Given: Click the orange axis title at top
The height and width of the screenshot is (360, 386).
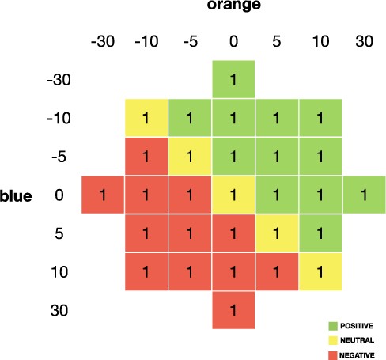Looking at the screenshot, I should [x=233, y=6].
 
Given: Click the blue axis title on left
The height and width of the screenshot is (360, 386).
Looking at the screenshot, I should [x=16, y=196].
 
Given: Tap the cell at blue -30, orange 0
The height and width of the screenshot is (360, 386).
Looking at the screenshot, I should [x=233, y=80].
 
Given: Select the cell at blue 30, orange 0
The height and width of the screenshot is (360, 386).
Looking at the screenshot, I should [x=233, y=309].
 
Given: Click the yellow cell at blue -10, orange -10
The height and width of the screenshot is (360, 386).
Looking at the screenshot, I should [x=146, y=119].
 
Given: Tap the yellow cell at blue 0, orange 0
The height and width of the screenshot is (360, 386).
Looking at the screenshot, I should [x=233, y=195].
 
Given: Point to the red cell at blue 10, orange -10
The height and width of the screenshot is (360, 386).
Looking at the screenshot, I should [x=146, y=271].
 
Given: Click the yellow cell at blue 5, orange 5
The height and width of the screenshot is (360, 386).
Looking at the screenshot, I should [x=277, y=233].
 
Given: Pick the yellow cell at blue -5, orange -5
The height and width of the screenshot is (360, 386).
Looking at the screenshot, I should [x=189, y=157].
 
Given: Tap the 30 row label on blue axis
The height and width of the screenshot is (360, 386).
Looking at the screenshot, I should [x=60, y=309].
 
